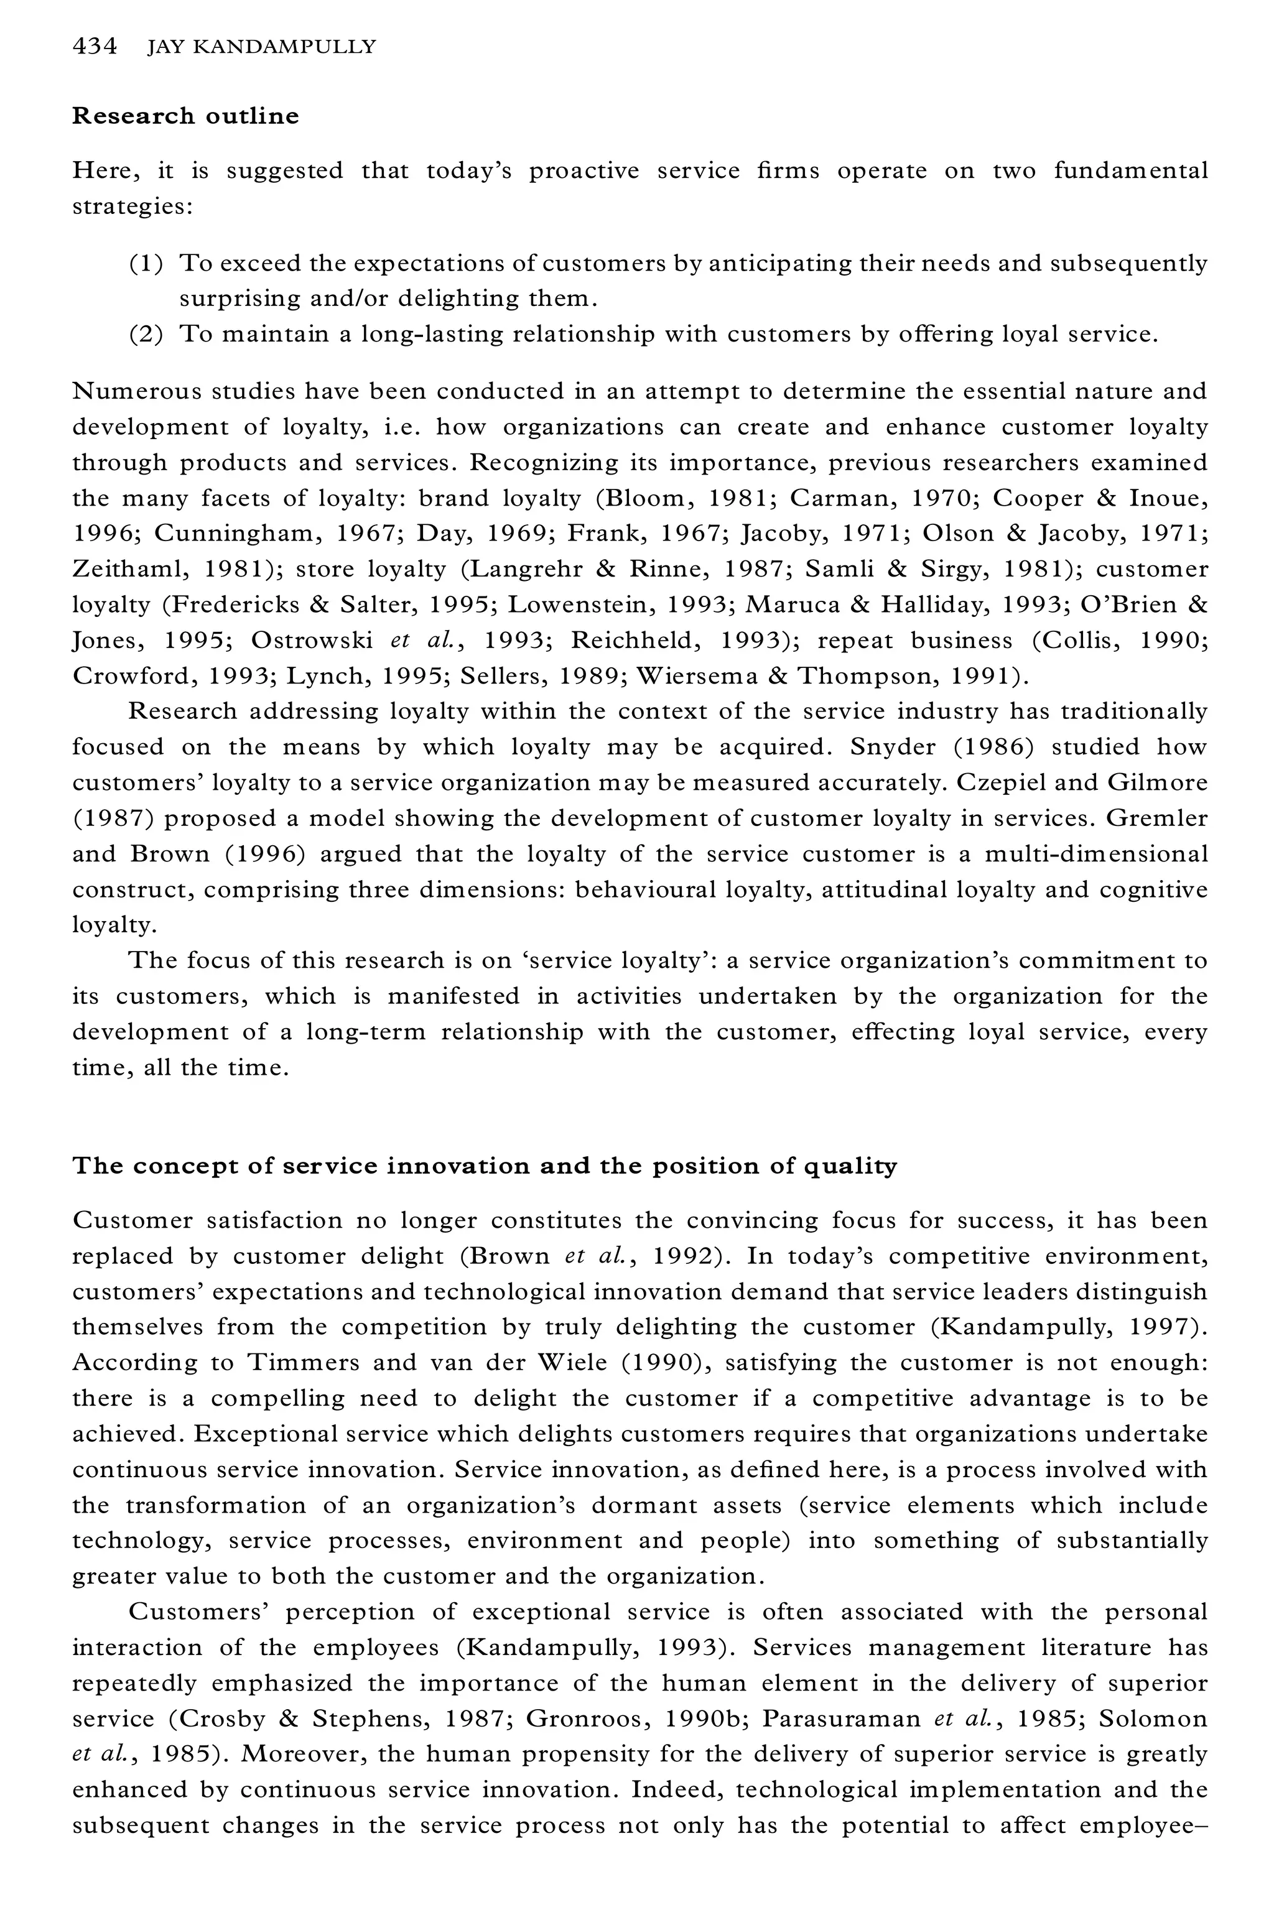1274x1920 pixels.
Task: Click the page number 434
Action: coord(95,47)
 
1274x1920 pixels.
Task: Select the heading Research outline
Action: coord(185,116)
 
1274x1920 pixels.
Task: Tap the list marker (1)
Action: coord(146,263)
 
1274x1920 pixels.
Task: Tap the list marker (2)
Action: coord(146,334)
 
